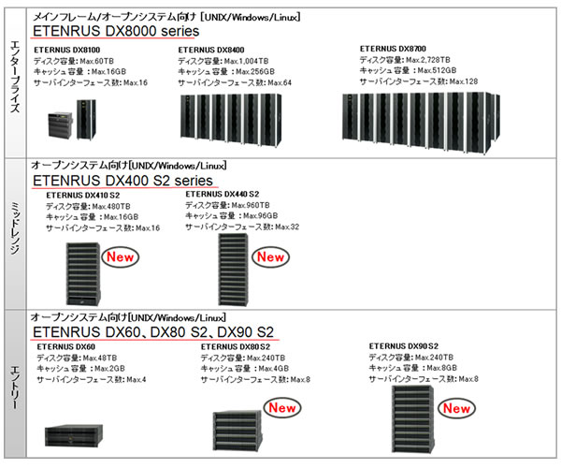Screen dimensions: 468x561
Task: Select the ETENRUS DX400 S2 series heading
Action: [122, 180]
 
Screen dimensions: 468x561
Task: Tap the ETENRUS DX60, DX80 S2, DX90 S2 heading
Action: [152, 331]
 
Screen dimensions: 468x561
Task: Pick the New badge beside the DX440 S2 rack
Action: [270, 256]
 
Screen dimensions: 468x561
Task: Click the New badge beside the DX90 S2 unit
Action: [455, 408]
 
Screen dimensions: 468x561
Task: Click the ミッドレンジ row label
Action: [16, 232]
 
